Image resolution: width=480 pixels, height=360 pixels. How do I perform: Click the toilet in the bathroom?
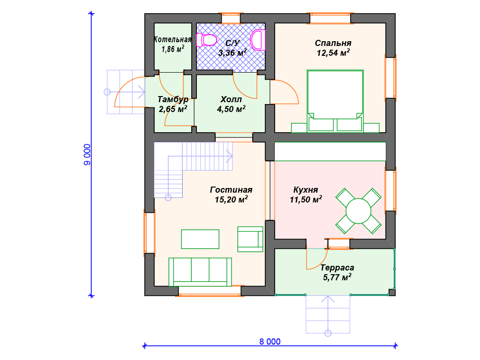coord(206,40)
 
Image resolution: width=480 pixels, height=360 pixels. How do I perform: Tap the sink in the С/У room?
coord(258,40)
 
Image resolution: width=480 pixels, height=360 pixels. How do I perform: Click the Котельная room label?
coord(172,39)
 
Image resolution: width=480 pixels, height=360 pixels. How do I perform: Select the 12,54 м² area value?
coord(333,52)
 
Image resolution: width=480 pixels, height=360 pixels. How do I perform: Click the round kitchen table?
coord(359,211)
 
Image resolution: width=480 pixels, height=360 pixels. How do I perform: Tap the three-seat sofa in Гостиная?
coord(200,272)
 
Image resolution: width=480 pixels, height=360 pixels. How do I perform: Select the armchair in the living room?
coord(250,239)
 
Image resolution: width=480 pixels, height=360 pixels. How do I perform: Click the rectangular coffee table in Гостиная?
coord(200,239)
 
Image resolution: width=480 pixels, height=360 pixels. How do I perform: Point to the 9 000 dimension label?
coord(87,155)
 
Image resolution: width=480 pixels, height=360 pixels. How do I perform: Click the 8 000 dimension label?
coord(270,342)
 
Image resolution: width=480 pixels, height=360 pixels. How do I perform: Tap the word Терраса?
coord(337,268)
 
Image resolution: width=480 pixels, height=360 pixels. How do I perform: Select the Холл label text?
coord(231,99)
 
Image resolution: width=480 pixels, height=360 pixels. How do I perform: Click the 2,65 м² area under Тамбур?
coord(172,109)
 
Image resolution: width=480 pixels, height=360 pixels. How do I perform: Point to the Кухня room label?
coord(306,190)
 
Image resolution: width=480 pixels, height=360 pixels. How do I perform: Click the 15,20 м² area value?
coord(231,200)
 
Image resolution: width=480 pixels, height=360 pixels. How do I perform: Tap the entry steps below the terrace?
coord(328,315)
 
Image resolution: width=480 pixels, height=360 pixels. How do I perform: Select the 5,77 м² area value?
coord(337,277)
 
